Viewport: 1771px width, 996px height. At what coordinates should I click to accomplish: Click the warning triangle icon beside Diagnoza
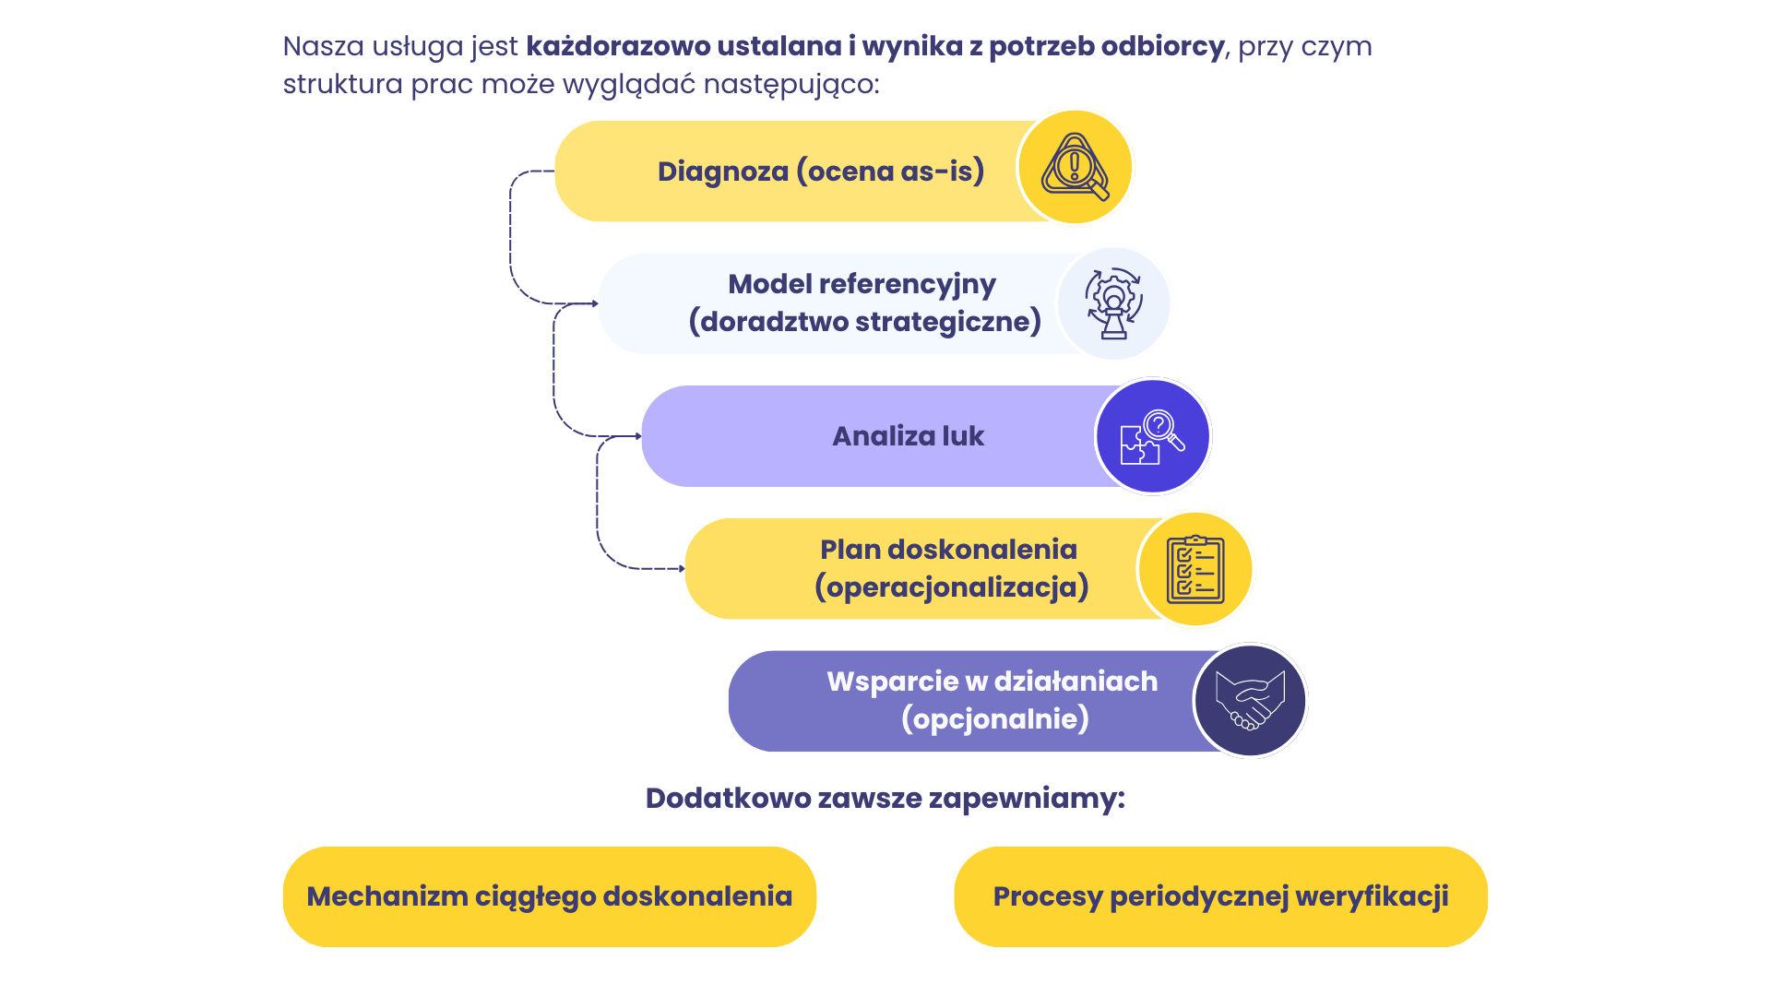(x=1075, y=167)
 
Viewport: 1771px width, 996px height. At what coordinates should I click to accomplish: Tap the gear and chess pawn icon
(x=1114, y=303)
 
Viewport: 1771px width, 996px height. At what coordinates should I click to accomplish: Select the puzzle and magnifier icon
(x=1153, y=436)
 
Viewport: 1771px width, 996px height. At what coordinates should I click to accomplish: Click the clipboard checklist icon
(x=1195, y=569)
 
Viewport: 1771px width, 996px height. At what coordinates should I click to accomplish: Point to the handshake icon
(x=1250, y=701)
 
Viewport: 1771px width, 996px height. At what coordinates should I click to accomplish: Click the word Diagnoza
(x=723, y=172)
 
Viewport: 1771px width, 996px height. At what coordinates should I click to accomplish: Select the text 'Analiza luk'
(x=909, y=436)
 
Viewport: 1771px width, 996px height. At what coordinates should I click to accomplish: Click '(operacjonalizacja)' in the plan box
(x=952, y=587)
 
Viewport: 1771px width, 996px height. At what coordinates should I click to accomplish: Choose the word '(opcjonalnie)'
(x=995, y=719)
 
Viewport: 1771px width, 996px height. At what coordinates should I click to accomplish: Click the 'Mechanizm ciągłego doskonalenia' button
(x=549, y=896)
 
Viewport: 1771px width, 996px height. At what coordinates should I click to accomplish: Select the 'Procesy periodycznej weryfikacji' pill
(x=1220, y=896)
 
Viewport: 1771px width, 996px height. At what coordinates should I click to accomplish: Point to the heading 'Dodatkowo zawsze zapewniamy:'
(x=885, y=799)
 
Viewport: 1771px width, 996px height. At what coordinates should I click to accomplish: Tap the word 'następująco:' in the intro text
(x=791, y=85)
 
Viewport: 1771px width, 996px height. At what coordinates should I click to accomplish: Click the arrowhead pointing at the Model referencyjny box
(x=594, y=303)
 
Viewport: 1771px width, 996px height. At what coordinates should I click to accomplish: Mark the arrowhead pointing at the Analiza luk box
(x=637, y=436)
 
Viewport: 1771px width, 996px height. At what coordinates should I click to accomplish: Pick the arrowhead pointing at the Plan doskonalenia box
(x=681, y=569)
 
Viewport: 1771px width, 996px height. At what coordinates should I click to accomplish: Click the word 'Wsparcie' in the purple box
(x=892, y=682)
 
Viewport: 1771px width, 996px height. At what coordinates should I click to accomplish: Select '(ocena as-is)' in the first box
(x=891, y=172)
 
